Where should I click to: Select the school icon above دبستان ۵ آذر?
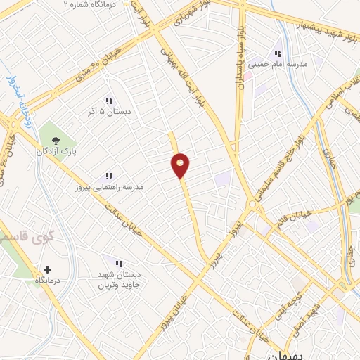109,100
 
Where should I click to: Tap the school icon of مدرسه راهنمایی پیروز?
109,175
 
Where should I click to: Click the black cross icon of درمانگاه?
47,269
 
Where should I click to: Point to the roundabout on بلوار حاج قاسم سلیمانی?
252,205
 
